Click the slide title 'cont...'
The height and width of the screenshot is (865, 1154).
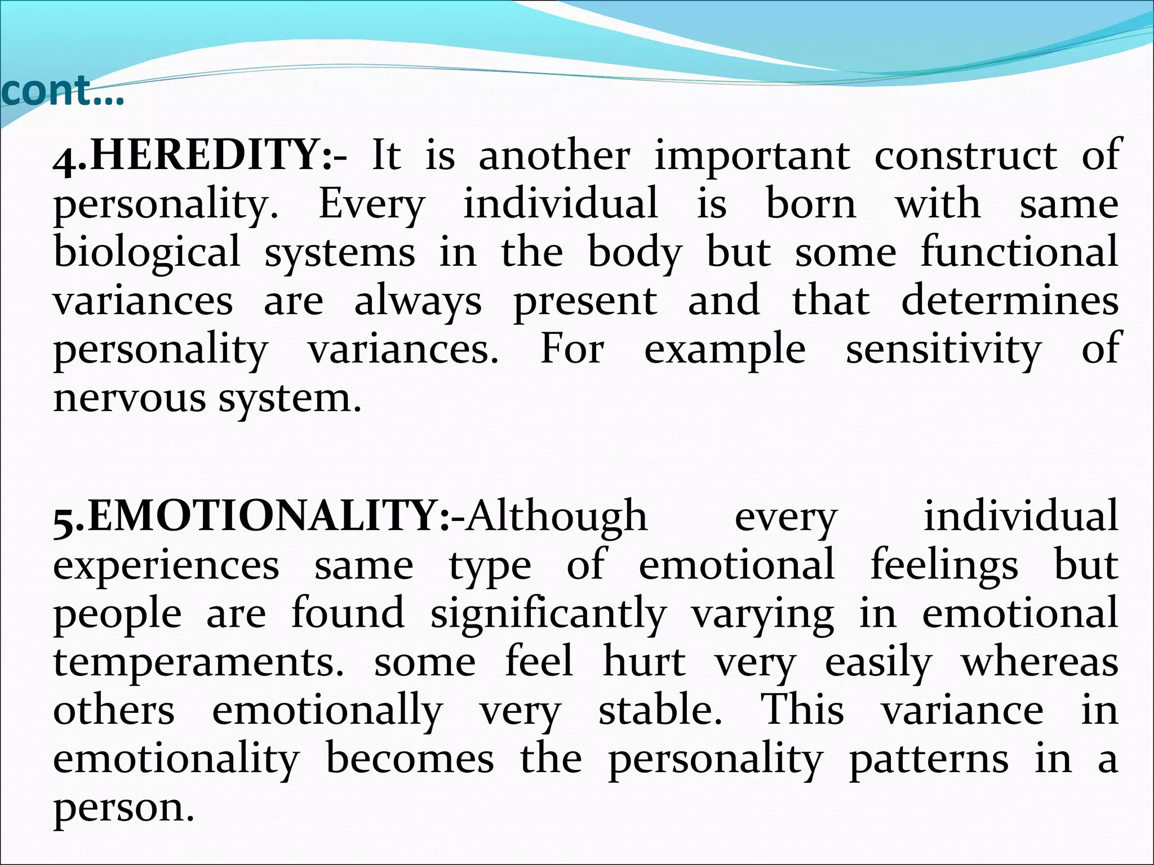[x=62, y=91]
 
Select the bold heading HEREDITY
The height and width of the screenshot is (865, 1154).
[x=206, y=155]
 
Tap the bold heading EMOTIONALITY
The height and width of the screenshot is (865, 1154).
[x=268, y=516]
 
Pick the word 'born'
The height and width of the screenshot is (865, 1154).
[x=811, y=203]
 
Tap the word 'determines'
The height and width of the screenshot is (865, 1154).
[x=1010, y=300]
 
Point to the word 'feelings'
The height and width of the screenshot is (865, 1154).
[x=944, y=566]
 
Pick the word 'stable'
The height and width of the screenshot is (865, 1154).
[x=660, y=710]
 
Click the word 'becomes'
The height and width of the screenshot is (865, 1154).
[x=410, y=759]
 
